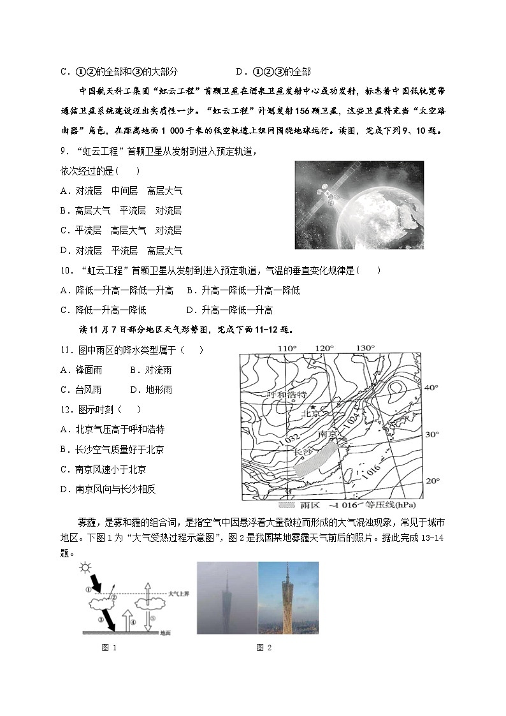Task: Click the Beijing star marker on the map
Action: (313, 407)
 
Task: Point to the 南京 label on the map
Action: (328, 434)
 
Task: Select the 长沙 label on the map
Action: (304, 451)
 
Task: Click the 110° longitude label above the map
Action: (287, 348)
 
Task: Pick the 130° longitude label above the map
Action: (365, 348)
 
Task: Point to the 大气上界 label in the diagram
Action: (177, 594)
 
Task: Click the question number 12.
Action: (67, 409)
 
